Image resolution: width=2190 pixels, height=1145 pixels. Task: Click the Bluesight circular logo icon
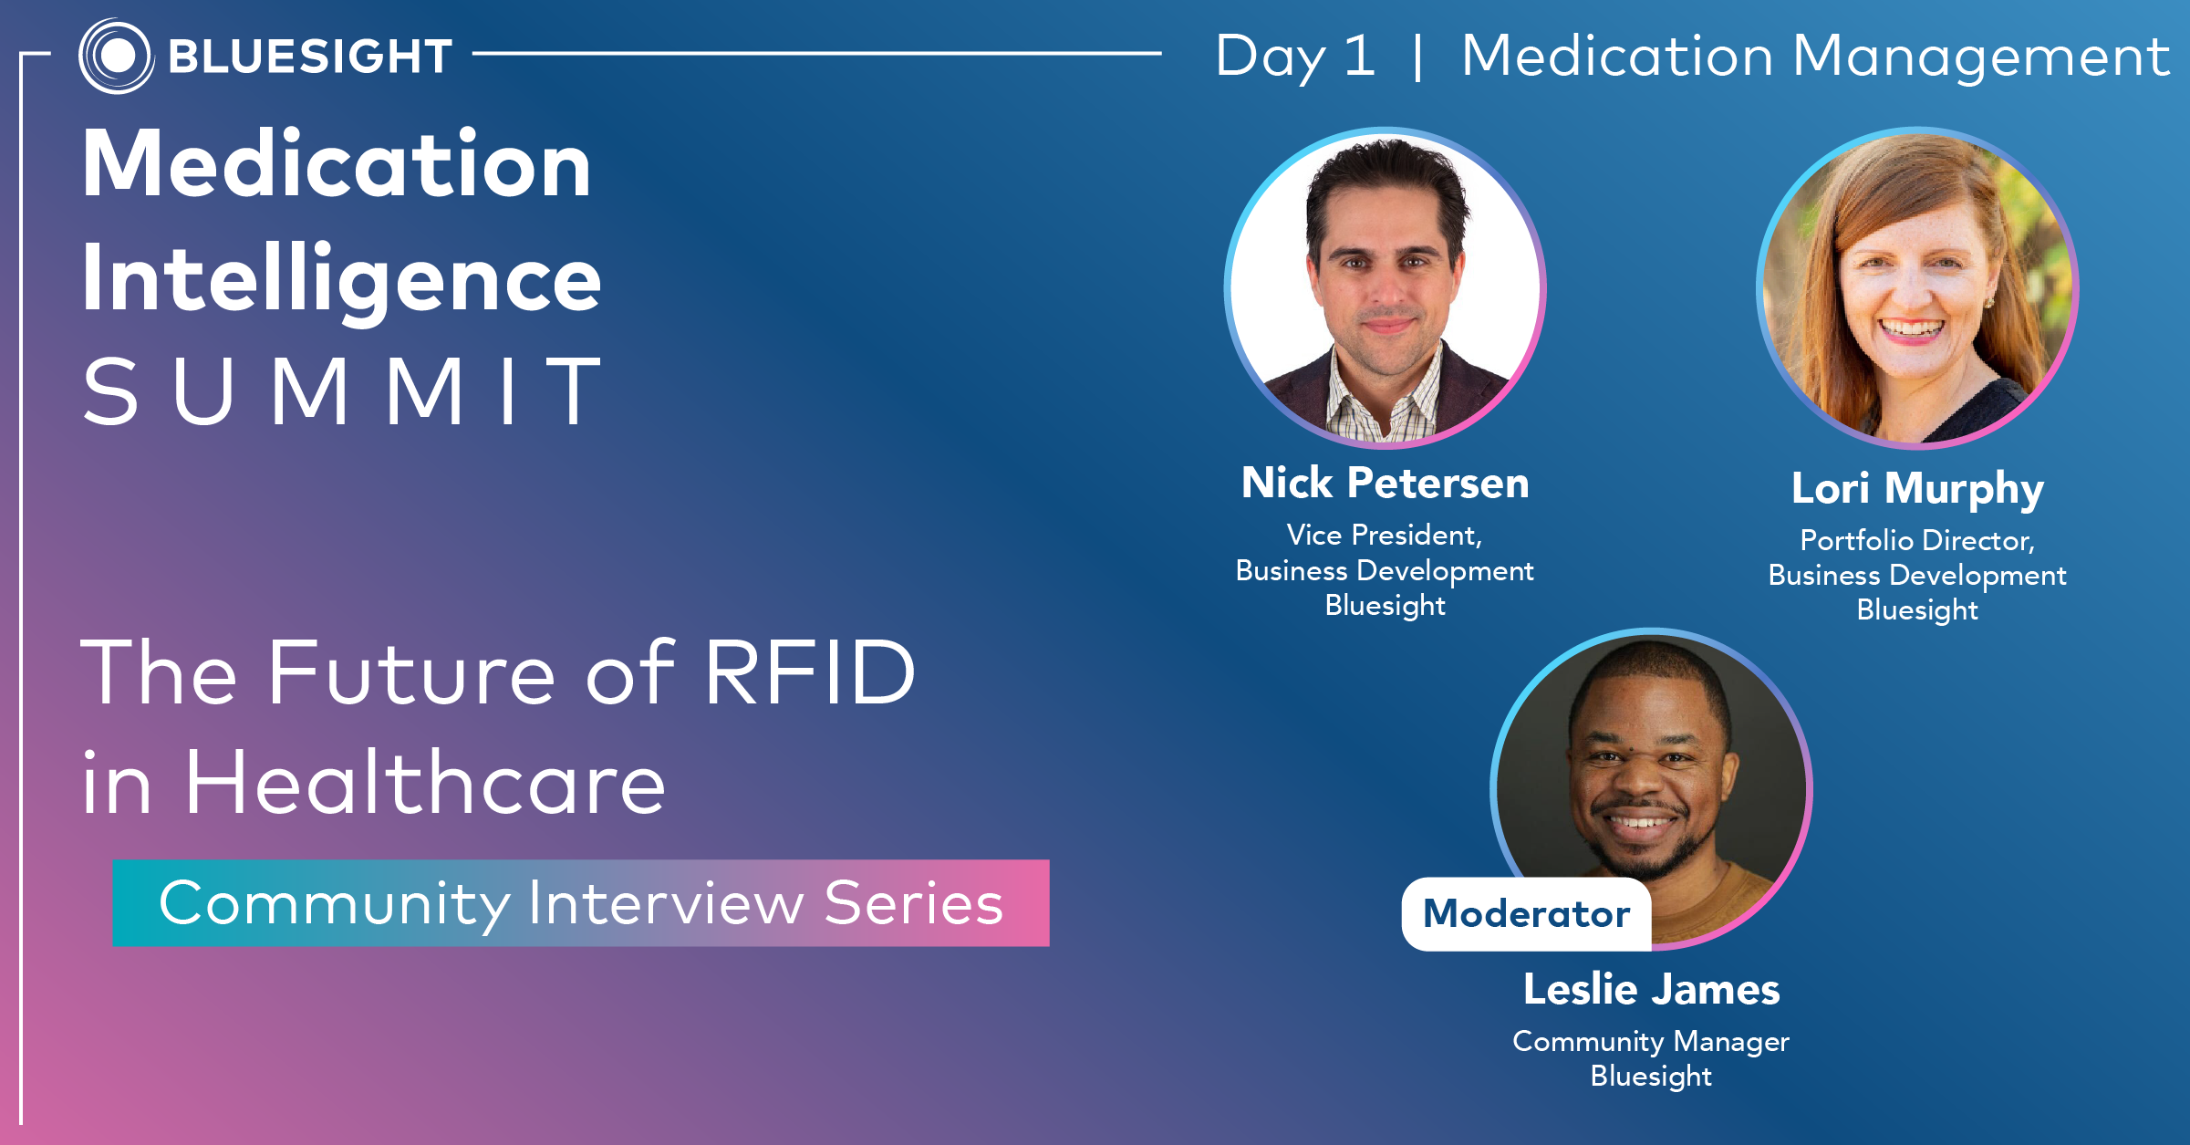point(116,56)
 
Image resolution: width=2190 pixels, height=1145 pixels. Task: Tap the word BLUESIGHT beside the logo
point(310,57)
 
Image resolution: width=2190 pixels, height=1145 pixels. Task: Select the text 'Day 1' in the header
point(1295,57)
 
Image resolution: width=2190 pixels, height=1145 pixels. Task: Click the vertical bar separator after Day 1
point(1417,57)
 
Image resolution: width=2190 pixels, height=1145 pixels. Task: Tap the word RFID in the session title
point(810,673)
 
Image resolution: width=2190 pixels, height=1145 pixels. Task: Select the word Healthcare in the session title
point(425,783)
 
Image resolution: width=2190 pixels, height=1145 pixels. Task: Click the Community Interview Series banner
point(581,903)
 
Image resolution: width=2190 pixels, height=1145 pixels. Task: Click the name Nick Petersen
point(1385,483)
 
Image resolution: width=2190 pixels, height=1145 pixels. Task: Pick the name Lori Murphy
point(1917,489)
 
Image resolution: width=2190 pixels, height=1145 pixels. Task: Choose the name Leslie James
point(1651,990)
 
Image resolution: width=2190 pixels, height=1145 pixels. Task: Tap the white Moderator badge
point(1526,914)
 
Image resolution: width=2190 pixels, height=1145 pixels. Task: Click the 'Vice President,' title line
point(1385,536)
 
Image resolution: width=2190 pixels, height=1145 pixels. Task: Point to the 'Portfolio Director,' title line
point(1917,541)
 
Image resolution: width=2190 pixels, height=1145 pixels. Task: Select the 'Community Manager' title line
point(1651,1042)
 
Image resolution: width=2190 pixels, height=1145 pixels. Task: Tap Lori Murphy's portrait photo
point(1917,288)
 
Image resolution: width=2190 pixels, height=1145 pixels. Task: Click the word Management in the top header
point(1981,57)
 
